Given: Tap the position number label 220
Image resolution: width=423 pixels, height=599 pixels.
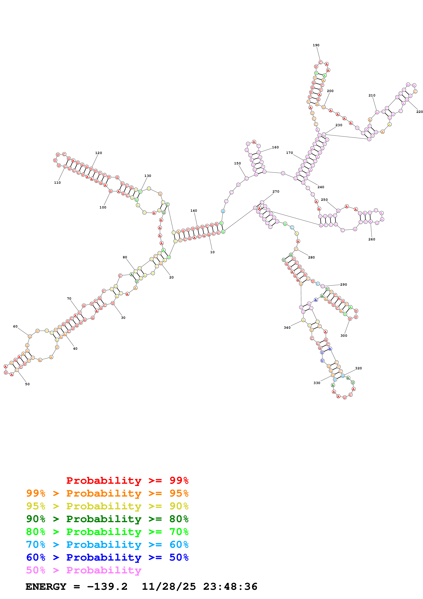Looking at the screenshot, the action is tap(419, 112).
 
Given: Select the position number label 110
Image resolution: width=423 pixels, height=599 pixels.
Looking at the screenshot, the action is tap(57, 183).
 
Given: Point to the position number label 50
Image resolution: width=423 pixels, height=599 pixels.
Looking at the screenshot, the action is tap(27, 384).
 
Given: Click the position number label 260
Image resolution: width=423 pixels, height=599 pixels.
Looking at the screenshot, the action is tap(372, 239).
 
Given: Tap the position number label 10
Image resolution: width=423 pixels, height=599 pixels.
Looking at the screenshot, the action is tap(212, 252).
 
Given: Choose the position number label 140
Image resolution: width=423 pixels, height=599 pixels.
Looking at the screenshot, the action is tap(194, 211).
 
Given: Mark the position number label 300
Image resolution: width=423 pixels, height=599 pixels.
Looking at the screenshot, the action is tap(344, 336).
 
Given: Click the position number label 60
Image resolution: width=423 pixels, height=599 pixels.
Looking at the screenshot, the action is tap(15, 326).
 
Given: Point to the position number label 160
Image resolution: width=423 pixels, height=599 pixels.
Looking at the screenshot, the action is tap(275, 147).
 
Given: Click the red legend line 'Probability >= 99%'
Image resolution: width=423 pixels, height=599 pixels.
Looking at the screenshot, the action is tap(127, 480).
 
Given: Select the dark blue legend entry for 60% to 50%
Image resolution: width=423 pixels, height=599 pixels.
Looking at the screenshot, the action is tap(107, 557).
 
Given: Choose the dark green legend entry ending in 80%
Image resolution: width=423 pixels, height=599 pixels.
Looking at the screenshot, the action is tap(107, 519).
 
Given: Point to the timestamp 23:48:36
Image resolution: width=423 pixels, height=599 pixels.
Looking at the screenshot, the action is tap(230, 587).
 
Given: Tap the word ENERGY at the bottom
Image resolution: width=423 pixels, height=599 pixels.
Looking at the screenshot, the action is tap(46, 587).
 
